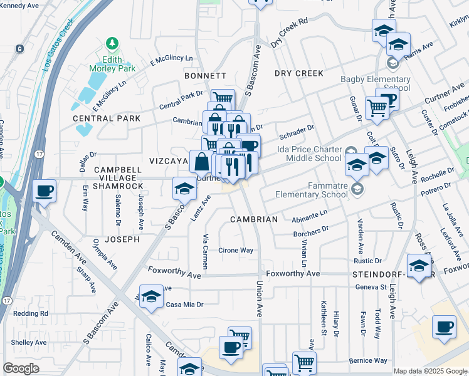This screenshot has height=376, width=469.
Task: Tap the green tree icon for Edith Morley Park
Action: tap(113, 43)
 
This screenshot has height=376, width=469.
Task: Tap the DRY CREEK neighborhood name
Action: tap(299, 73)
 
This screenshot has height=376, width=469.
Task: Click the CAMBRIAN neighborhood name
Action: tap(253, 219)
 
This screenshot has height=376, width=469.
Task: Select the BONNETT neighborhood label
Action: tap(205, 76)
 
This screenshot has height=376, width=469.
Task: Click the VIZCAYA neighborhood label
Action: tap(169, 161)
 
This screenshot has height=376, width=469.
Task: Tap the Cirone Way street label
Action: tap(236, 251)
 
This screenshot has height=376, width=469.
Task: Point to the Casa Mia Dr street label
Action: tap(184, 305)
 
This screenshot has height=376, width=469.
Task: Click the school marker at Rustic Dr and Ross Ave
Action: tap(419, 264)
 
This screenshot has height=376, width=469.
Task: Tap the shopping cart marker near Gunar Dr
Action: tap(377, 107)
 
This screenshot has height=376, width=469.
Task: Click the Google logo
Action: tap(21, 368)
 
